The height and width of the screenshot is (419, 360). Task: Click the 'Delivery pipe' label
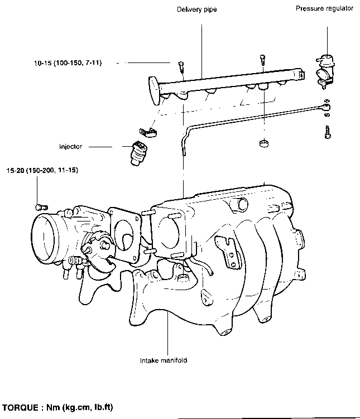(196, 9)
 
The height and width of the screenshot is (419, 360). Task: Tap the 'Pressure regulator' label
(324, 8)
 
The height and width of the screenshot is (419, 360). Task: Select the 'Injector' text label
(70, 146)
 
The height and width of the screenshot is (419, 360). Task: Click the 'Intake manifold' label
(164, 360)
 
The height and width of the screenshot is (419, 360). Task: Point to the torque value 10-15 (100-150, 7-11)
(68, 63)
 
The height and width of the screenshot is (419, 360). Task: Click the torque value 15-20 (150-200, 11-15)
(42, 170)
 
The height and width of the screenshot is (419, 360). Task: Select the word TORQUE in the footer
(20, 407)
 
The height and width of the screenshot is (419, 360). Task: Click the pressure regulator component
(325, 71)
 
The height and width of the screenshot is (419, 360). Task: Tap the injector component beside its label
(139, 152)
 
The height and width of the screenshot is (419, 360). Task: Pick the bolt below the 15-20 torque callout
(41, 207)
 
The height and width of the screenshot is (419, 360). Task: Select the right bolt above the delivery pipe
(262, 60)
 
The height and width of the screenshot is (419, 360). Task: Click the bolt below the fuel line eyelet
(328, 132)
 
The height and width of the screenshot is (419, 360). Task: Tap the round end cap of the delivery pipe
(155, 90)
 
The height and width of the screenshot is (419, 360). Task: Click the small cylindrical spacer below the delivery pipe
(264, 143)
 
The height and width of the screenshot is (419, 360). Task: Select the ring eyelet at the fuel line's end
(327, 108)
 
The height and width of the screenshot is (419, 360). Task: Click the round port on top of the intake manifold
(243, 204)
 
